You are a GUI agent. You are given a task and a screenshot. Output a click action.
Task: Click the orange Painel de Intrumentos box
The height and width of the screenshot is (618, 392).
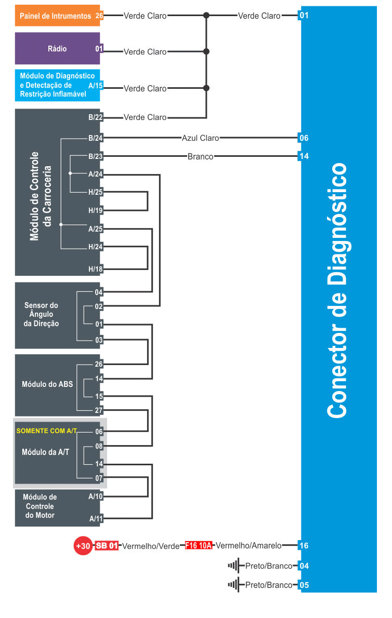(x=57, y=16)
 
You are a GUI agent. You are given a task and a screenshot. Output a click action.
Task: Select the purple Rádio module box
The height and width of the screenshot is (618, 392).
(x=57, y=48)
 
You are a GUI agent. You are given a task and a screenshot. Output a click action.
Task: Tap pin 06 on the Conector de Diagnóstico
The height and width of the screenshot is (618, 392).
(x=304, y=138)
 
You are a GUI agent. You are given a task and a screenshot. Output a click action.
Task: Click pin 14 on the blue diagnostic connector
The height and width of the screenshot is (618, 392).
(x=304, y=156)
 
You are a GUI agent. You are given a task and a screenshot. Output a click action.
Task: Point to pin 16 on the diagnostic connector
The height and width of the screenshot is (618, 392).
(x=304, y=545)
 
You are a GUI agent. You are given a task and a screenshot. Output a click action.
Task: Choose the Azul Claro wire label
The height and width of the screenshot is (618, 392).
(x=200, y=138)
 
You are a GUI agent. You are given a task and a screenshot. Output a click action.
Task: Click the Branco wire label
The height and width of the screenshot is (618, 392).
(x=200, y=156)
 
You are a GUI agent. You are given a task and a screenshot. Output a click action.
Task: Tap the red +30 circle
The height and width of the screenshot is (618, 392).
(x=83, y=546)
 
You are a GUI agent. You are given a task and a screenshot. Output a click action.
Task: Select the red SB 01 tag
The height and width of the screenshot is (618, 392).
(x=107, y=546)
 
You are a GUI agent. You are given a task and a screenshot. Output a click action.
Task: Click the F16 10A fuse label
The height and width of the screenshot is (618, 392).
(x=199, y=545)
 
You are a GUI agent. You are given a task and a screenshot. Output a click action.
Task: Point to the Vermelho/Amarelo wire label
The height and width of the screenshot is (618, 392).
(x=249, y=545)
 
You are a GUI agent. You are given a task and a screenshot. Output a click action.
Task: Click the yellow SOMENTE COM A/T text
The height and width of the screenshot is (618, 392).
(x=47, y=431)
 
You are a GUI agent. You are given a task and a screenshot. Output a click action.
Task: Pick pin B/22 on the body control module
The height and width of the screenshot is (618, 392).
(x=96, y=117)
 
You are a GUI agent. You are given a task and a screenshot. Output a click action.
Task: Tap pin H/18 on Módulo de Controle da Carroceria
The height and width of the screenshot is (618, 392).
(x=96, y=269)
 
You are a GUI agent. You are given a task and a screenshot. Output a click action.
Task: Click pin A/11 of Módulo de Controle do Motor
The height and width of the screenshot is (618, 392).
(x=96, y=519)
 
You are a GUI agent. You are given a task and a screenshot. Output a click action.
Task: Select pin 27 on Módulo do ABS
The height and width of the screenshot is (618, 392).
(x=99, y=410)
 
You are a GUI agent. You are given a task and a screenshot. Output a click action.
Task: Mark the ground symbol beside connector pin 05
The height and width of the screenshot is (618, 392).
(x=233, y=584)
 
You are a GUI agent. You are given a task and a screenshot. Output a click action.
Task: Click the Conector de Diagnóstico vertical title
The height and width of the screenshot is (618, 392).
(x=337, y=290)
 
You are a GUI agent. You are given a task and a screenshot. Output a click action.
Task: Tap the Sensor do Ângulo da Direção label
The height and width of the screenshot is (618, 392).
(x=41, y=314)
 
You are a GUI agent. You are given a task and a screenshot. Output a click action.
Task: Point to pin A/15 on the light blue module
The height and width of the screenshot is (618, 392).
(x=96, y=86)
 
